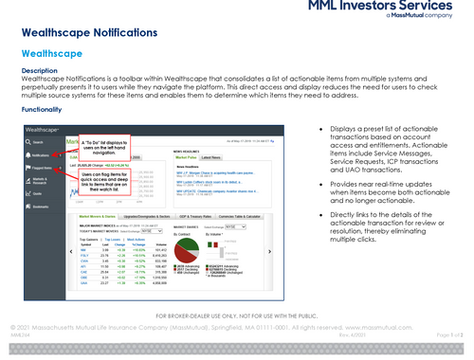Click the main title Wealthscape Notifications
90,33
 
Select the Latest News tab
211,157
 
